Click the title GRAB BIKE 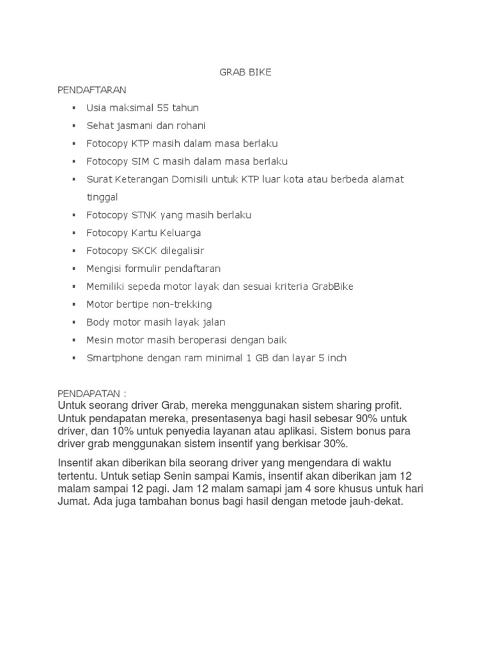(245, 72)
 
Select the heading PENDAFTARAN (93, 90)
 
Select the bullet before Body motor (74, 322)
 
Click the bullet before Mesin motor (74, 340)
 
